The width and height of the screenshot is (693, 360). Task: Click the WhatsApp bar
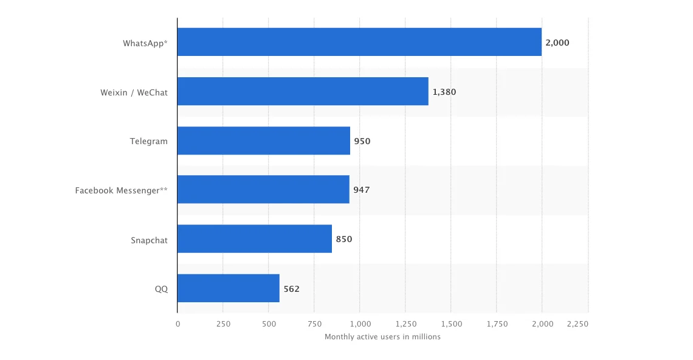point(359,42)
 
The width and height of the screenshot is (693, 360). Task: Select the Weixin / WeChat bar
point(303,91)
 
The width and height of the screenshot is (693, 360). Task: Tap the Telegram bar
point(264,140)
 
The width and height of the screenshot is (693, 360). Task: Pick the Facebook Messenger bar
point(263,190)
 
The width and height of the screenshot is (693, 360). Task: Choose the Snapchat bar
point(255,239)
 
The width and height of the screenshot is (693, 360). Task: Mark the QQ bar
point(229,288)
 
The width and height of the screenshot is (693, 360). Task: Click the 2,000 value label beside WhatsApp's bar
point(557,43)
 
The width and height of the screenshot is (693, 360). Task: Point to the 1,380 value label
point(444,92)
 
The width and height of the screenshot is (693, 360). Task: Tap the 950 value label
point(362,141)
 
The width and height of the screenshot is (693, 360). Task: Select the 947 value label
point(362,190)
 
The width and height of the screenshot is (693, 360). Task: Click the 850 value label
point(344,239)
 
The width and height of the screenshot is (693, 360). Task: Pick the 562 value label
point(292,289)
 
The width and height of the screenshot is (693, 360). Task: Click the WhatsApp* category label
point(145,43)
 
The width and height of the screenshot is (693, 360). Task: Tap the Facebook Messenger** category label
point(122,190)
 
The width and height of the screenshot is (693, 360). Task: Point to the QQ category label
point(161,289)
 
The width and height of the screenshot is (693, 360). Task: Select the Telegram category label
point(149,141)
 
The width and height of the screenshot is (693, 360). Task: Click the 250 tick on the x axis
point(223,324)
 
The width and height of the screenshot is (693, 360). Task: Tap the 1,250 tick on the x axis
point(405,324)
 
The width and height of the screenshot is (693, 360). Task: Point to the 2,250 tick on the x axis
point(577,324)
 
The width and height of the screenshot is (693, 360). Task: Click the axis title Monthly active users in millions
point(382,336)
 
